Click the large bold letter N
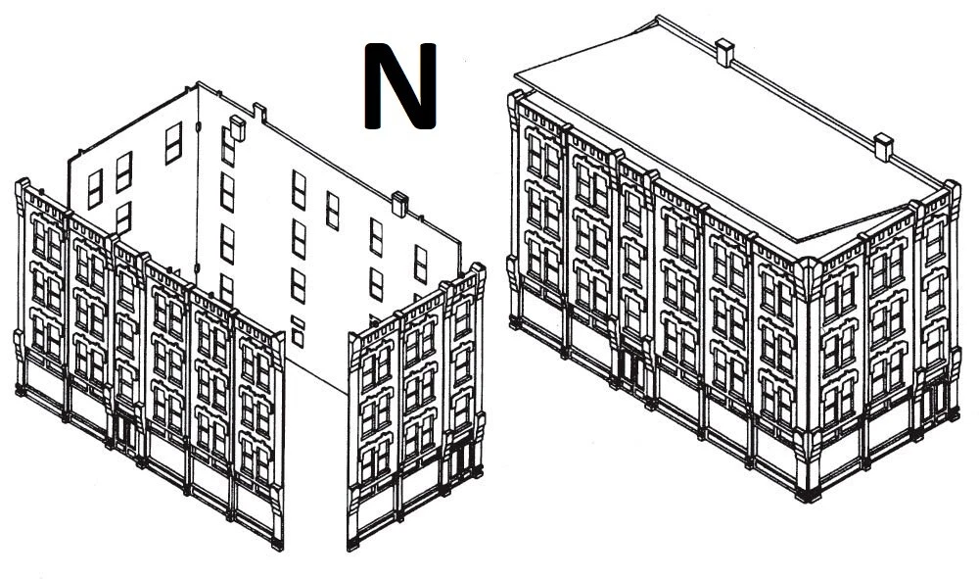coord(399,86)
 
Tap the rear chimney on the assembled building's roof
coord(724,53)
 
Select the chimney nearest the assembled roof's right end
coord(883,147)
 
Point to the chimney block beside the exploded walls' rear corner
coord(238,127)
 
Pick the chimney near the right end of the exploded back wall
coord(399,204)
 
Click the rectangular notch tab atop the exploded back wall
coord(259,112)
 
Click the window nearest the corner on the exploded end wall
coord(173,143)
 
